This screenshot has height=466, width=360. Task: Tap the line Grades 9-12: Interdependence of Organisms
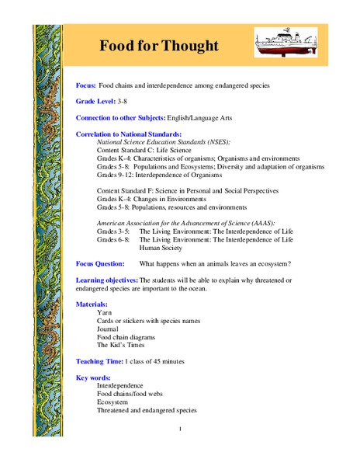point(163,176)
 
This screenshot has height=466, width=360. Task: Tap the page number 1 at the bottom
point(180,429)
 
